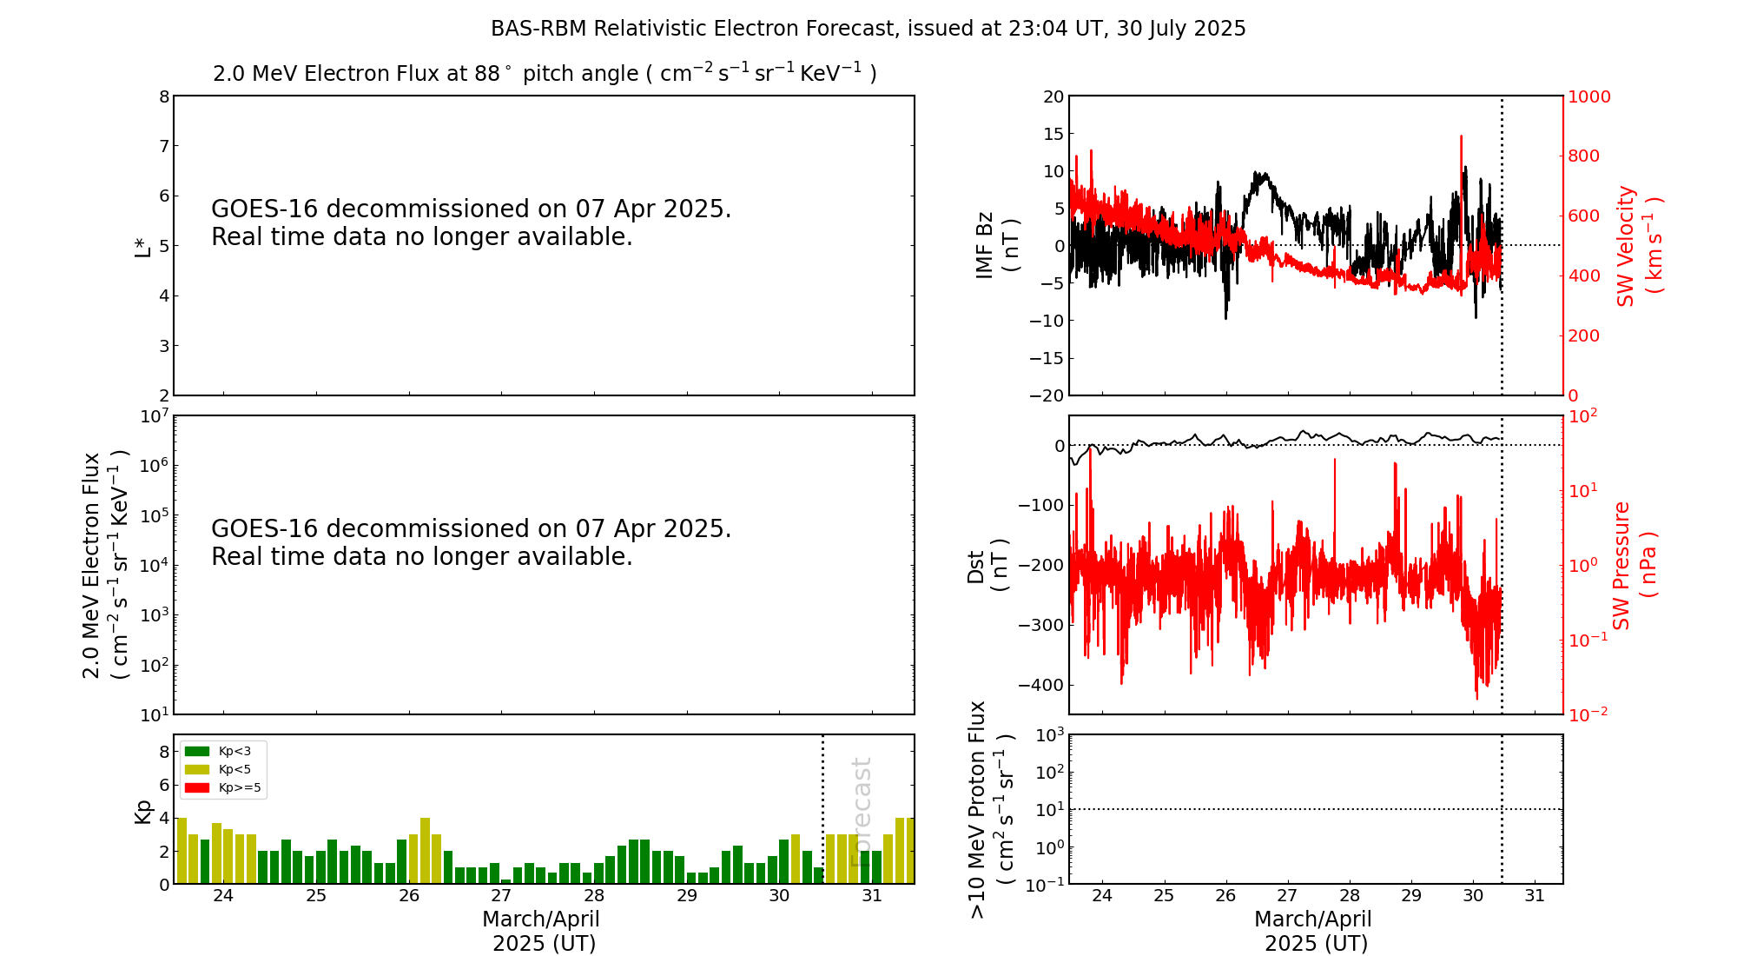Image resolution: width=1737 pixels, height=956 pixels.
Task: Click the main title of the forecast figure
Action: [x=868, y=29]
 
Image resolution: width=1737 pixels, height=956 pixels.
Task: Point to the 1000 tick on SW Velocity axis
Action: [x=1588, y=96]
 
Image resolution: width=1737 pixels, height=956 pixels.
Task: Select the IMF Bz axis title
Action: [x=998, y=245]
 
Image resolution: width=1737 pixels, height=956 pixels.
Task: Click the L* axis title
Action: [x=142, y=246]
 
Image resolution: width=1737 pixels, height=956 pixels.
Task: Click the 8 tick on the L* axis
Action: [x=164, y=96]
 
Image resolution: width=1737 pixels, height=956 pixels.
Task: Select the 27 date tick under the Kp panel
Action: [x=501, y=896]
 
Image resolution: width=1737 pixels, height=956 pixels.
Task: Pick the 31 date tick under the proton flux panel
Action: [x=1535, y=896]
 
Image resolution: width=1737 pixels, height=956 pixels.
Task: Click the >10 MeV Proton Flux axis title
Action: [x=990, y=810]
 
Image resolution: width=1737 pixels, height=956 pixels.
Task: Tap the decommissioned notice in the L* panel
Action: [x=472, y=223]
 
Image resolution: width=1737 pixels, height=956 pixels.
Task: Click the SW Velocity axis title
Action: [x=1637, y=246]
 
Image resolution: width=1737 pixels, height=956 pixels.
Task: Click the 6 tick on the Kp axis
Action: [x=164, y=785]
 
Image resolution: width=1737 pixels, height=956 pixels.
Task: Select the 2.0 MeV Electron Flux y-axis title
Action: [x=105, y=566]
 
